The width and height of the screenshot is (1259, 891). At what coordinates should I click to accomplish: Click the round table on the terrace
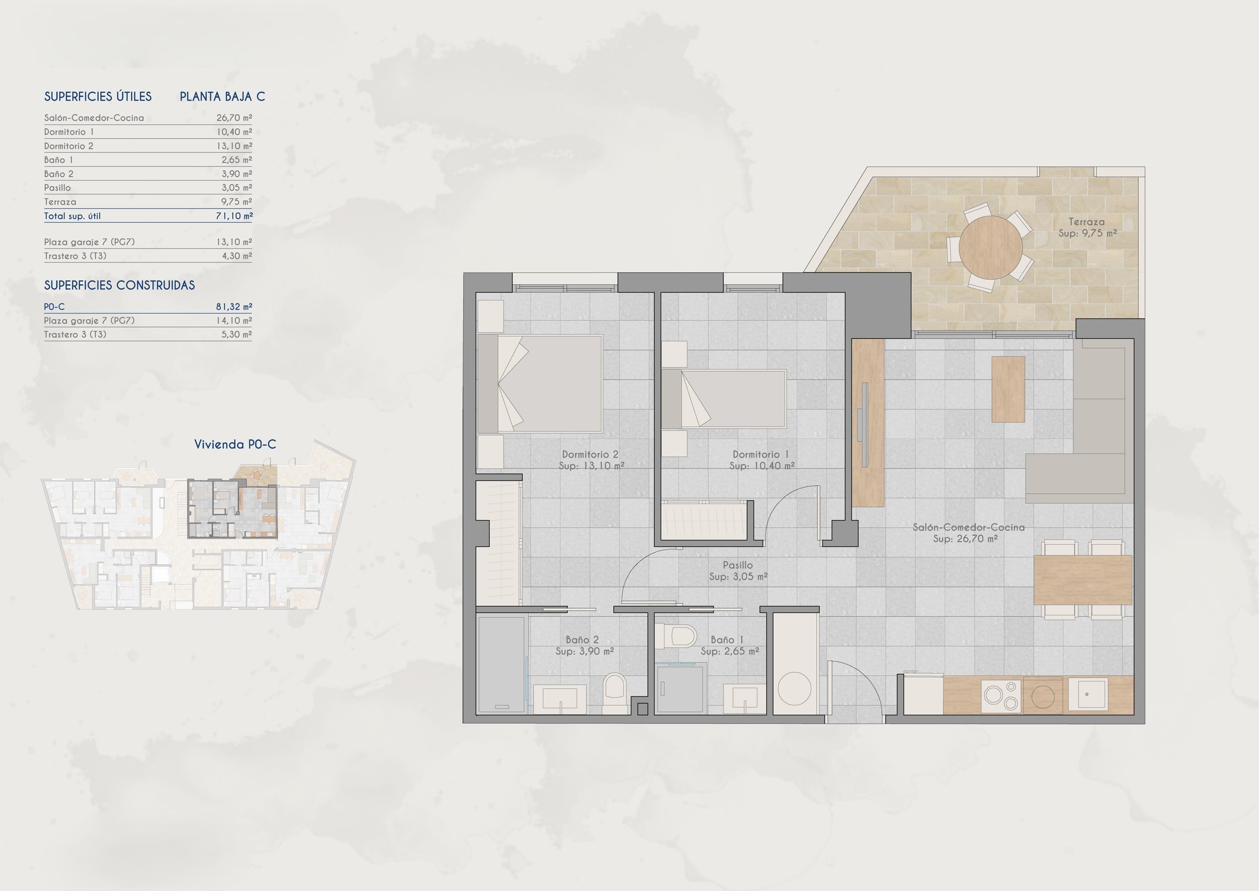pos(990,247)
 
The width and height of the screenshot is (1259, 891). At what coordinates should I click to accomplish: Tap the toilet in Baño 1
pos(675,636)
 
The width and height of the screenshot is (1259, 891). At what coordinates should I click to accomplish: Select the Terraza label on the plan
pos(1086,222)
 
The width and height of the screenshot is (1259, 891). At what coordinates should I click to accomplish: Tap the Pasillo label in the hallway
pos(738,564)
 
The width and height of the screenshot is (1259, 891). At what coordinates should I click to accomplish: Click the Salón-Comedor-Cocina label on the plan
pos(968,527)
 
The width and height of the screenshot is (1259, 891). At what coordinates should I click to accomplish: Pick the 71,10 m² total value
pos(234,216)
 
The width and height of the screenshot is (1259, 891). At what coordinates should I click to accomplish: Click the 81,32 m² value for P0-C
pos(234,307)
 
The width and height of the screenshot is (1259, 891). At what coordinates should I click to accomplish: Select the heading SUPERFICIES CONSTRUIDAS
pos(119,285)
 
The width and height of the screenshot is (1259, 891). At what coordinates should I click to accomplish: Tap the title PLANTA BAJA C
pos(222,97)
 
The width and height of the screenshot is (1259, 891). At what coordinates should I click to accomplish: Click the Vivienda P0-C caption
pos(235,444)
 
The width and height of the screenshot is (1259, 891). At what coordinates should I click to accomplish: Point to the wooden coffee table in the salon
pos(1008,389)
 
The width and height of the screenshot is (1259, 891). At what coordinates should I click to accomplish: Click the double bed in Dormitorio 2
pos(540,384)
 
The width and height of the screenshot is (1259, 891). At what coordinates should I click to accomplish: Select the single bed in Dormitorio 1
pos(724,399)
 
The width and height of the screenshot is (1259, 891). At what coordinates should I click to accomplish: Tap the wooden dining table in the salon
pos(1083,580)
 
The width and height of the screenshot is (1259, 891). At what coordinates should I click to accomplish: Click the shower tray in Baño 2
pos(501,665)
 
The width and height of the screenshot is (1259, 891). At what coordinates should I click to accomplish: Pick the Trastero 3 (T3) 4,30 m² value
pos(236,256)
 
